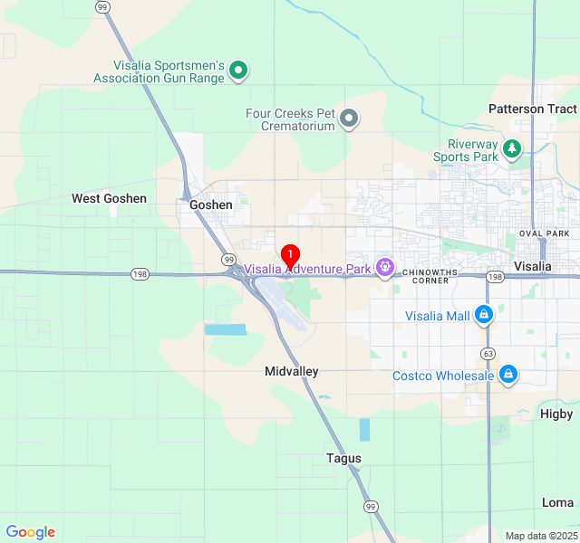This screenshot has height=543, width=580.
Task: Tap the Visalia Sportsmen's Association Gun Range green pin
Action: (x=238, y=70)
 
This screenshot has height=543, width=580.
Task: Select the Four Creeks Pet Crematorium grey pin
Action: (x=349, y=119)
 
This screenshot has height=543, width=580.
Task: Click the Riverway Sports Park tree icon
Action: (x=512, y=148)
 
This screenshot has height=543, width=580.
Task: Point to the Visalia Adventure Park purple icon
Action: (x=386, y=267)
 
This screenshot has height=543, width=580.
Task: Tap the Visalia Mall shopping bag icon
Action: (x=484, y=315)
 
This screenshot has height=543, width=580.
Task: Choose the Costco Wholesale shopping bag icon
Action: (x=508, y=374)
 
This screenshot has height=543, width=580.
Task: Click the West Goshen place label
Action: (x=109, y=198)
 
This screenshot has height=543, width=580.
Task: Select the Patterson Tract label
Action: (x=532, y=109)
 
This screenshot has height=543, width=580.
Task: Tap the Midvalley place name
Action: (x=292, y=371)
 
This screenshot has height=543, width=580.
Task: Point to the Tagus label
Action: (x=343, y=459)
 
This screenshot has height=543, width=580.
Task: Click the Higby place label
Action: (x=556, y=414)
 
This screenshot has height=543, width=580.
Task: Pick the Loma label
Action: (x=557, y=502)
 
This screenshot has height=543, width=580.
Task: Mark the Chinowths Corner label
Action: (x=425, y=275)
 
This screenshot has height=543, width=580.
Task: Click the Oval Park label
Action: (x=544, y=233)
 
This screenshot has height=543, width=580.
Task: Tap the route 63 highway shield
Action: (x=488, y=353)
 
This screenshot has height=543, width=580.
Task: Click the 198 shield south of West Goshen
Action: (x=139, y=274)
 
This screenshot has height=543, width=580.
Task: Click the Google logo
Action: (x=30, y=532)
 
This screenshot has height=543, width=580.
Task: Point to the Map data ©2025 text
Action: (x=540, y=536)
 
